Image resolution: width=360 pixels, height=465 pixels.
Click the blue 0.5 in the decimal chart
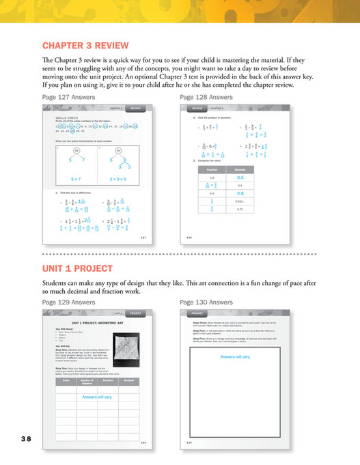(x=260, y=177)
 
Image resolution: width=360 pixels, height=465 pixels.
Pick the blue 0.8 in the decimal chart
(x=260, y=193)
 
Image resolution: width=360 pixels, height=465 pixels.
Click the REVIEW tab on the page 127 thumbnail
(x=135, y=108)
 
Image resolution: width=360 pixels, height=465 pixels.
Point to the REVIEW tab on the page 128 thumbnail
(x=197, y=108)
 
